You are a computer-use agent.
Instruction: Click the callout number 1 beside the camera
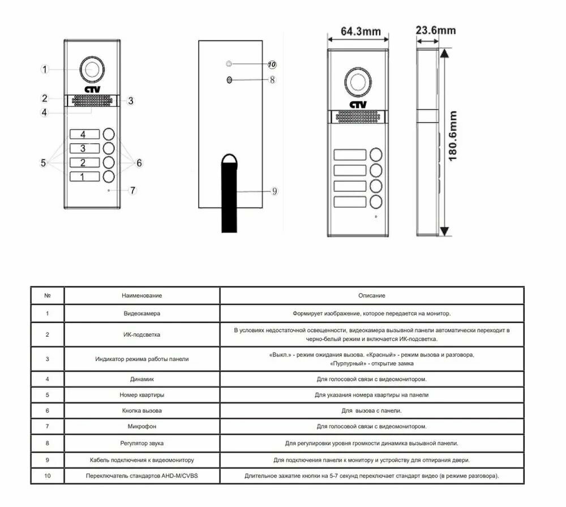coord(46,70)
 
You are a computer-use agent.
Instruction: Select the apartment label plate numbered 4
coord(83,135)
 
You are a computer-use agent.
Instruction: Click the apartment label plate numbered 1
coord(83,177)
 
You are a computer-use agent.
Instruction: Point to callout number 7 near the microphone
coord(132,190)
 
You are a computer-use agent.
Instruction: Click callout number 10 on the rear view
coord(272,65)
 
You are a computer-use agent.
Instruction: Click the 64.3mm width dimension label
coord(361,31)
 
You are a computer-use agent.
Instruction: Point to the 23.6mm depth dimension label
coord(435,30)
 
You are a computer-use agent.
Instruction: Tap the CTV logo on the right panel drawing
coord(358,105)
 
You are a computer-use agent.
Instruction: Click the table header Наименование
coord(141,295)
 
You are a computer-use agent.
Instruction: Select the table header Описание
coord(371,295)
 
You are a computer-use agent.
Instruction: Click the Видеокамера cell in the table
coord(141,313)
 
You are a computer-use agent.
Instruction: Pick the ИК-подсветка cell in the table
coord(141,334)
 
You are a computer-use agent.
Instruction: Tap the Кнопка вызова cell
coord(141,410)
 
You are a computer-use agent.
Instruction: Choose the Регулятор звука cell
coord(141,443)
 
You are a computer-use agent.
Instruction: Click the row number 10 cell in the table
coord(47,476)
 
